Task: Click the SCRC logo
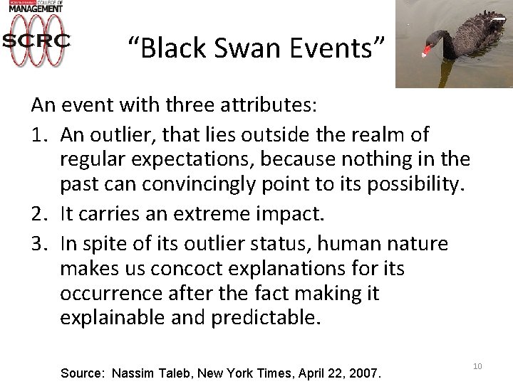click(x=36, y=41)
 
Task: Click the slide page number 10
click(x=477, y=366)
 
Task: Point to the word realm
click(x=375, y=134)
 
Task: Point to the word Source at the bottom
click(x=83, y=371)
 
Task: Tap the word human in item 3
click(x=347, y=245)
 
